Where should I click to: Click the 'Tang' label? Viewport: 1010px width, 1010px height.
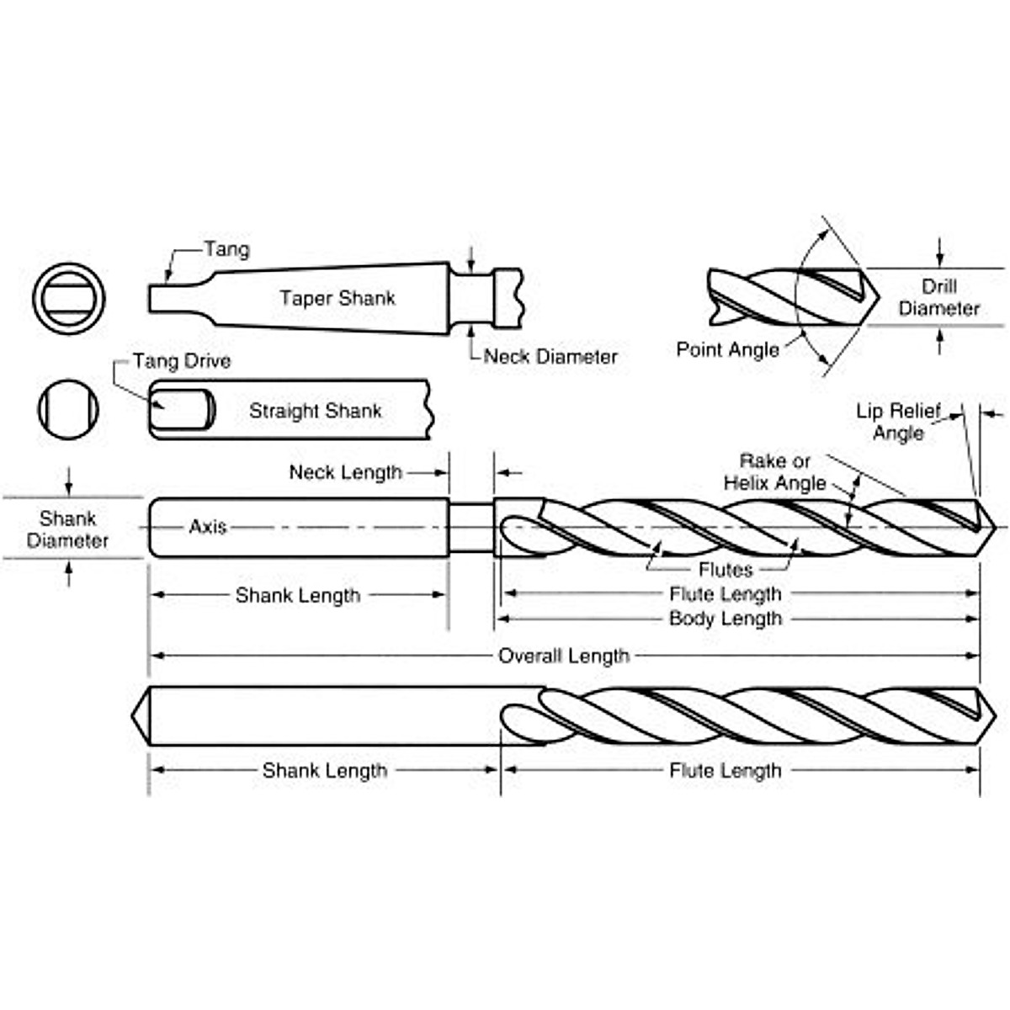click(226, 249)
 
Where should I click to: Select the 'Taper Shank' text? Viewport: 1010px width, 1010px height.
click(338, 298)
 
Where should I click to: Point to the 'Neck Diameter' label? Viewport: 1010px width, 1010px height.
click(550, 357)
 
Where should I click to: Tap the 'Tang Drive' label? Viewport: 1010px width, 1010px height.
click(182, 361)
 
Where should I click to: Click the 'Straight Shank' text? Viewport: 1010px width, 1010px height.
click(315, 411)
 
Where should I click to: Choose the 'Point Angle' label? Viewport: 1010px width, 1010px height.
click(728, 349)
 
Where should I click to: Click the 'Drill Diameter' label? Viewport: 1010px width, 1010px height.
click(938, 297)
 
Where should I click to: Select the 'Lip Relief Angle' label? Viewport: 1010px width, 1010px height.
click(898, 422)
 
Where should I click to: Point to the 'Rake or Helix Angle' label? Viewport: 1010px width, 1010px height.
click(775, 472)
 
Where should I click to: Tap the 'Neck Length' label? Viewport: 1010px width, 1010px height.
click(346, 472)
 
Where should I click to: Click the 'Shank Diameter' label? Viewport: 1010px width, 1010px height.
click(67, 529)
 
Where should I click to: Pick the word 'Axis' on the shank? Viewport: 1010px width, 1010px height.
click(208, 527)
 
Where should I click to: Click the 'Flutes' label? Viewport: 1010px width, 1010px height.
click(725, 570)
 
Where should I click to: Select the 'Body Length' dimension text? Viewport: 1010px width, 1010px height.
click(726, 619)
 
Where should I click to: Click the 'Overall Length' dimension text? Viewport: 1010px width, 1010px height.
click(564, 656)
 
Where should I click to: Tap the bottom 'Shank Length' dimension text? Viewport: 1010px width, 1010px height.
click(325, 770)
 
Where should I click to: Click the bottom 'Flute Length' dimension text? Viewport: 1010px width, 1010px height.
click(726, 770)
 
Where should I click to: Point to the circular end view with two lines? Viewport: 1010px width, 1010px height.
click(69, 297)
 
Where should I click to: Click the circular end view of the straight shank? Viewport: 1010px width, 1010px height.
click(68, 409)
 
